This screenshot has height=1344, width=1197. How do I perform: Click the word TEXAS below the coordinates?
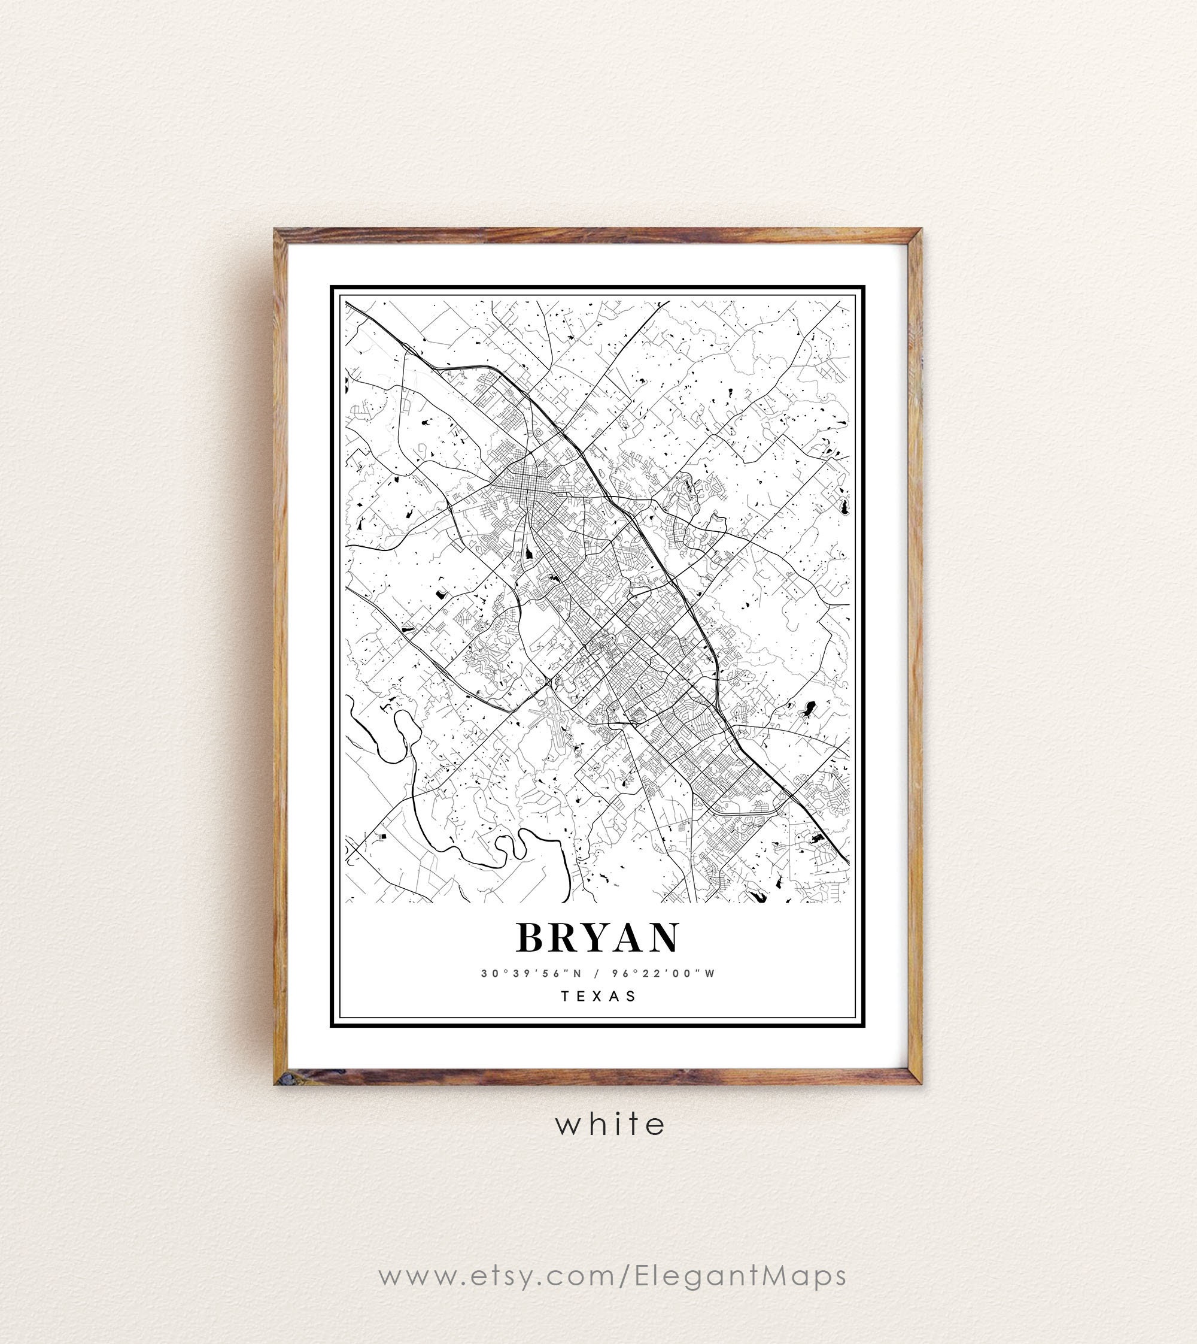coord(598,996)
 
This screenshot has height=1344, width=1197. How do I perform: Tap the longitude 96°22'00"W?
coord(663,973)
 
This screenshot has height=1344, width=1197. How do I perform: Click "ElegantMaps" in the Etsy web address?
coord(740,1276)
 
